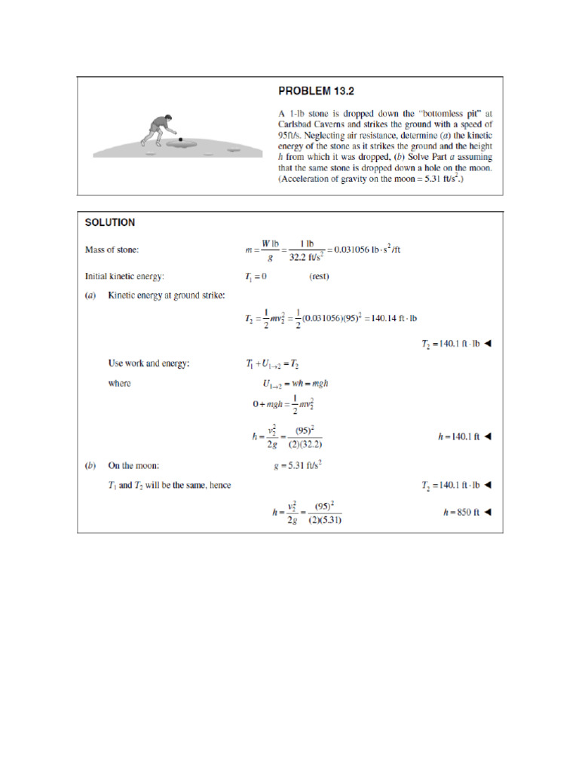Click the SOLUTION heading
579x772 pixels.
(x=110, y=222)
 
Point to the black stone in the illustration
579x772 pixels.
(x=180, y=139)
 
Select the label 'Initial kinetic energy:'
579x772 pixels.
(x=131, y=276)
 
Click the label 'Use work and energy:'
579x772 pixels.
(x=149, y=363)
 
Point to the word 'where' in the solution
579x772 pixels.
(x=119, y=383)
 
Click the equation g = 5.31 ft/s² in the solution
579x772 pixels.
(x=298, y=466)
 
